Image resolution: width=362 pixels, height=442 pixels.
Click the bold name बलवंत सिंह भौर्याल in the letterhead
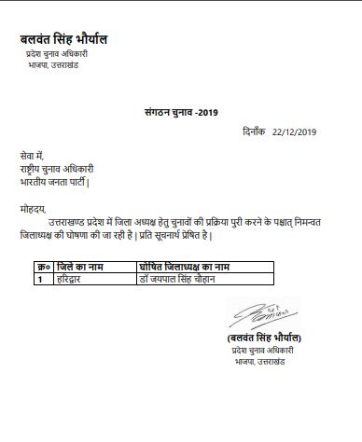[63, 40]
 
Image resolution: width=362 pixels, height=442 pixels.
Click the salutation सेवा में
[33, 155]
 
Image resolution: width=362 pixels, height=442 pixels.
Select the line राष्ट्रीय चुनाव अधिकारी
[56, 169]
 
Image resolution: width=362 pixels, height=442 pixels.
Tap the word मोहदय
[32, 211]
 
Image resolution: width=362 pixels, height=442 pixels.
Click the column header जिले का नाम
[80, 268]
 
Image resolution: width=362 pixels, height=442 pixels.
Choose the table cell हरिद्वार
[71, 278]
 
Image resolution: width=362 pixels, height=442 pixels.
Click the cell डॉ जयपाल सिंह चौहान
[181, 278]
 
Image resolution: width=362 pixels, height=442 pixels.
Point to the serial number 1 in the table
[40, 278]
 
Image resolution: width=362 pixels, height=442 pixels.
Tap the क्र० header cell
[42, 268]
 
